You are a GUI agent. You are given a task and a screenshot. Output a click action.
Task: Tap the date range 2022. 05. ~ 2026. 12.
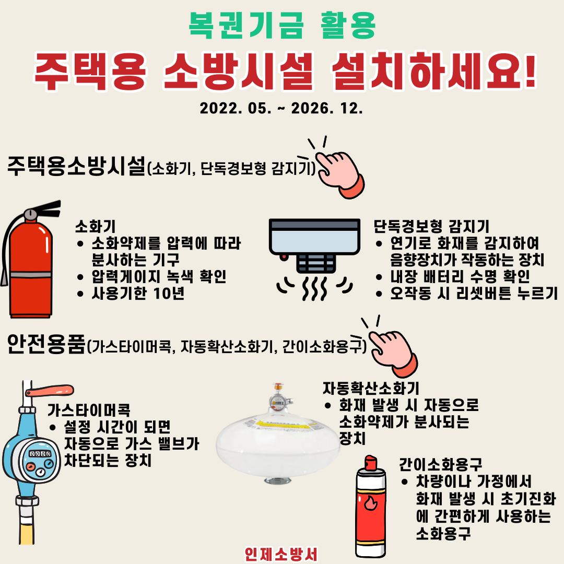point(281,108)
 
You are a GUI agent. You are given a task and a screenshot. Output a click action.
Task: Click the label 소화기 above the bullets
point(96,227)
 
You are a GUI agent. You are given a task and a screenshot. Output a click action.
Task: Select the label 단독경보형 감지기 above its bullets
point(431,227)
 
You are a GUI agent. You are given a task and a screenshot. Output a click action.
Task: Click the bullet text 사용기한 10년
point(138,293)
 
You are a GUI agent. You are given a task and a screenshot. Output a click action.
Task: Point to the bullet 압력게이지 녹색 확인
point(159,277)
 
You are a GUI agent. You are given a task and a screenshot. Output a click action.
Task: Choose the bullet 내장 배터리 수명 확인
point(460,277)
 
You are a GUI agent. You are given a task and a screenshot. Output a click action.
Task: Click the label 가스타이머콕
point(89,410)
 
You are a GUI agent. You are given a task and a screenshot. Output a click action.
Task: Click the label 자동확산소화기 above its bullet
point(371,388)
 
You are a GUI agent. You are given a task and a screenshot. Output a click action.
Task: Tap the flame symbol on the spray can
point(370,502)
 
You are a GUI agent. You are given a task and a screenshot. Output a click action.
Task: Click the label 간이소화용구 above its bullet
point(440,464)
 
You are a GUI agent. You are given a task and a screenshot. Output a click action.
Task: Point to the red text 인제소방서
point(281,554)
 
